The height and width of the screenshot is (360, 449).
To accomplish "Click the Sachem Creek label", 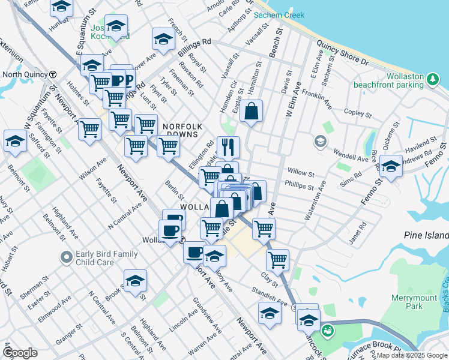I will pos(279,15).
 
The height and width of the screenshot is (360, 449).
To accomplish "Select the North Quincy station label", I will pos(25,74).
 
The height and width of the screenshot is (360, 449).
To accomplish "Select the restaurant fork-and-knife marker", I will pos(228,146).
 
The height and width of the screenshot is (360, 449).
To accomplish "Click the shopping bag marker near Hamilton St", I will pos(252,110).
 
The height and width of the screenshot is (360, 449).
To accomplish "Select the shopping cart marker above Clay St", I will pos(277,259).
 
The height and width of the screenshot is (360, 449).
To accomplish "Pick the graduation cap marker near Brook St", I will pos(136,280).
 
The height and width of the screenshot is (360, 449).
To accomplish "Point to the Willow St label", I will pos(301,172).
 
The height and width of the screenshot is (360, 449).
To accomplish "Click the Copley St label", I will pos(359,112).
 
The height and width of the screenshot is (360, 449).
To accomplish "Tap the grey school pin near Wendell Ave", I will pos(320,142).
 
